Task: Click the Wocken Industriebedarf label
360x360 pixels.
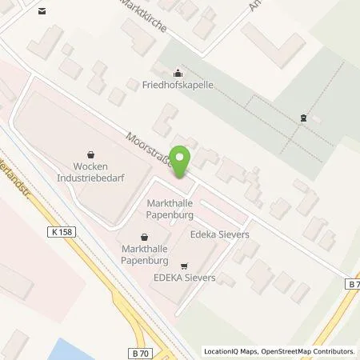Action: coord(89,170)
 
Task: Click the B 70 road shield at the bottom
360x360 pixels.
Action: coord(141,351)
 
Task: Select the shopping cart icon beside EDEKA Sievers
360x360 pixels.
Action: coord(185,266)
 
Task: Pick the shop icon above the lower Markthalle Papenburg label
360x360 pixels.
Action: coord(143,237)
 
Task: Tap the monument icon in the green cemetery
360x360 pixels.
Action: coord(303,118)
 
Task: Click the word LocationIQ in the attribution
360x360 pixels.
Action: coord(225,351)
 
